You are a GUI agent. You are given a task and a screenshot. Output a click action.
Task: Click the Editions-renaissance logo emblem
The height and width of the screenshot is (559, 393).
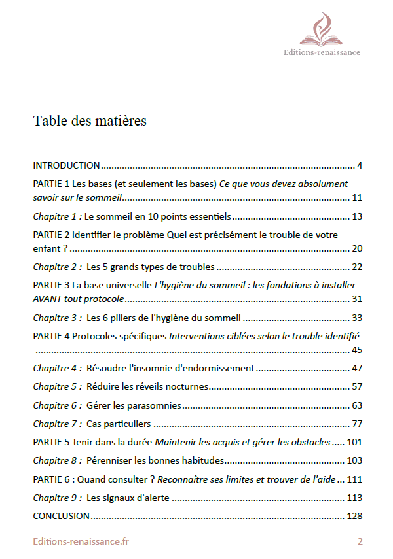point(330,29)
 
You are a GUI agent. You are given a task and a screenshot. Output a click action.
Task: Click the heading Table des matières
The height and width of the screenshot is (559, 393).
point(90,121)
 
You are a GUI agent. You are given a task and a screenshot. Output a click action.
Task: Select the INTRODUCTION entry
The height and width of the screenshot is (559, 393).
point(66,165)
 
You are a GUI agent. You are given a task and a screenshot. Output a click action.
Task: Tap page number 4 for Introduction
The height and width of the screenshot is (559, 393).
point(360,165)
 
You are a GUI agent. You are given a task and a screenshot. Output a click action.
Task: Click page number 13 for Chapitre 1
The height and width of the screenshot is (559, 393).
point(357,216)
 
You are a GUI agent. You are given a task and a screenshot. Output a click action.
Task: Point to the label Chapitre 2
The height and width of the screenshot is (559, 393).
point(58,267)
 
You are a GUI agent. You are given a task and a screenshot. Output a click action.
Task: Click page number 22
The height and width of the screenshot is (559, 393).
point(357,267)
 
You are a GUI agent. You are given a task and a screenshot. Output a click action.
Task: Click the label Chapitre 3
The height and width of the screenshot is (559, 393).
point(58,318)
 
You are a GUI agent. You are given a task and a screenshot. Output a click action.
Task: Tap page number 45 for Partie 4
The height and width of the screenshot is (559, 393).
point(357,350)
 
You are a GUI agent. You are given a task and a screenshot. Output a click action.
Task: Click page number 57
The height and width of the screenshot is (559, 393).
point(357,386)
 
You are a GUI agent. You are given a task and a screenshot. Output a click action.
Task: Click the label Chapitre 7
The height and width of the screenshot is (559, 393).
point(58,424)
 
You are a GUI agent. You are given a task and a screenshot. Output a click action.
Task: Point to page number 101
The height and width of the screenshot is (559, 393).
point(354,442)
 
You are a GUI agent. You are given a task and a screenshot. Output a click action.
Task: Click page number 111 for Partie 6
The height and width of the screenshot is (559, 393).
point(354,479)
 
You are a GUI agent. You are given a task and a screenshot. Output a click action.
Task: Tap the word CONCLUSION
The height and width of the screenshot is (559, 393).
point(61,516)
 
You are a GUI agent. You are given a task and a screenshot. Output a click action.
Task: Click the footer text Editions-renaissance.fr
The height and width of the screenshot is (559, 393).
point(81,541)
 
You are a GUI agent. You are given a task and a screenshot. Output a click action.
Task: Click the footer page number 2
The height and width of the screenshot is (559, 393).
point(360,541)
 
